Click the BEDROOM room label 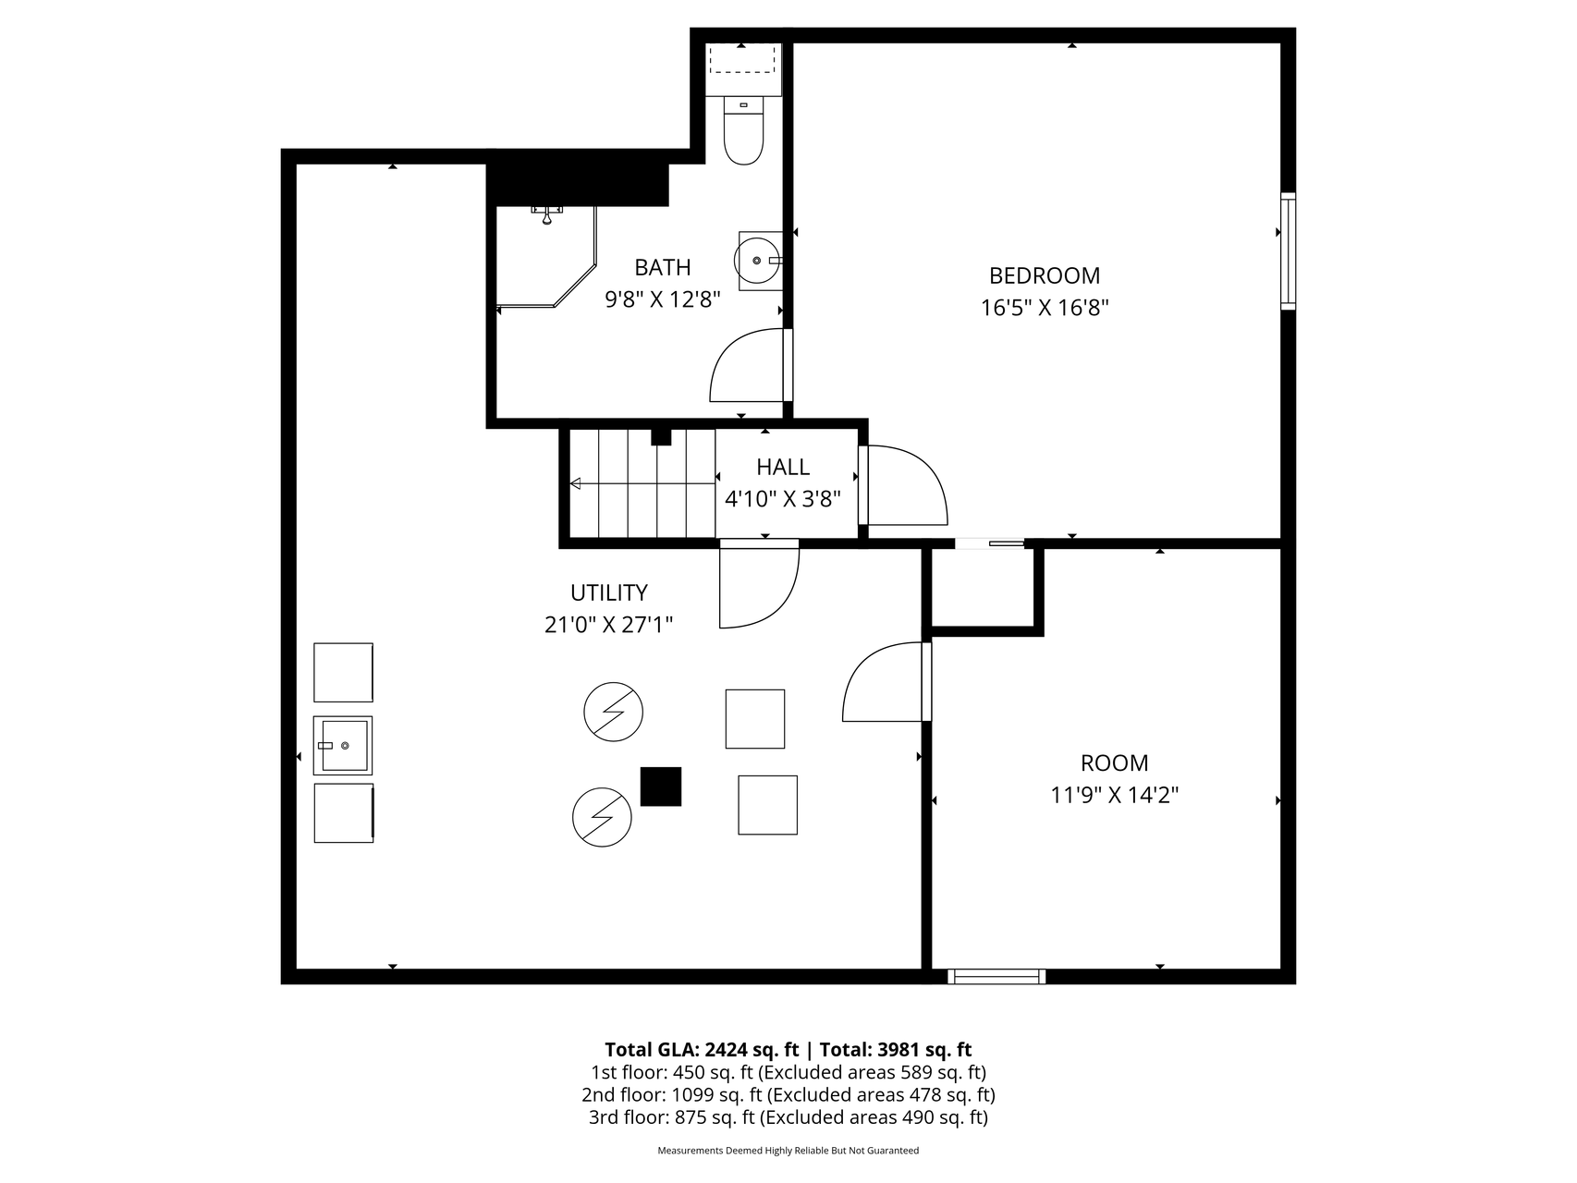[1045, 275]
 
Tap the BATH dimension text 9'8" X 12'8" [663, 299]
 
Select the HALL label [783, 467]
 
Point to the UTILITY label [609, 592]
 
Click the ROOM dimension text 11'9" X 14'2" [1115, 795]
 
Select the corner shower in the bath [546, 256]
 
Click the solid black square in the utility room [661, 787]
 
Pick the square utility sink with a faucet [343, 745]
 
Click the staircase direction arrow [642, 483]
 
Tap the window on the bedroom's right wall [1288, 250]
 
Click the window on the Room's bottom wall [997, 976]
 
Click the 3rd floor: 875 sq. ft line [788, 1117]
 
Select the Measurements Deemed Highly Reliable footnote [788, 1151]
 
